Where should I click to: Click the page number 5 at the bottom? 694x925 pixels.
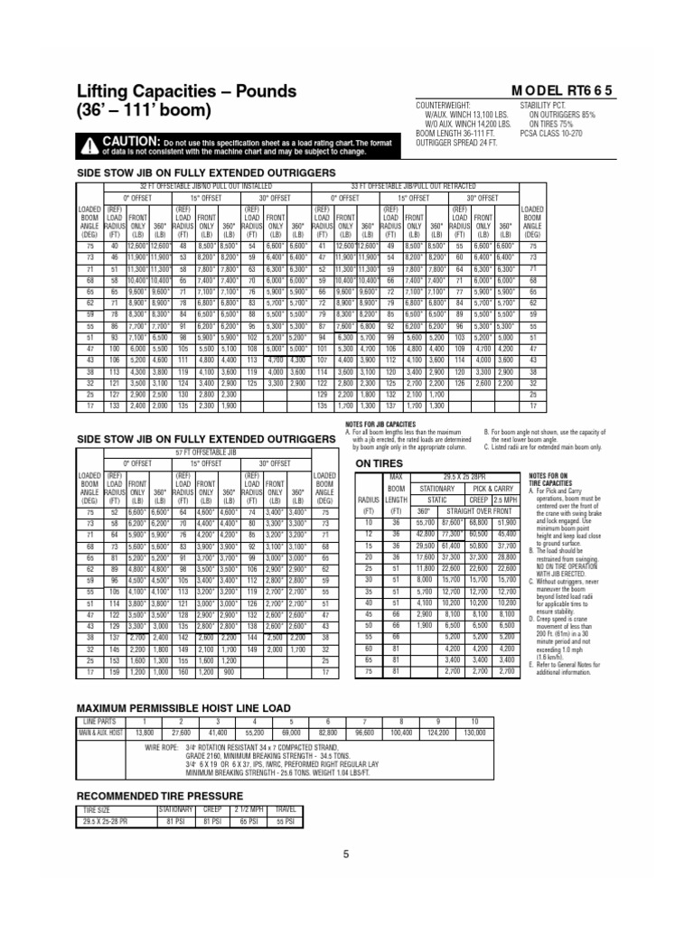pyautogui.click(x=345, y=854)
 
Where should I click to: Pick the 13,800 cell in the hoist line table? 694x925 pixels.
pyautogui.click(x=144, y=733)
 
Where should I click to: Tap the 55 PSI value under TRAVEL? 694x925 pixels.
pyautogui.click(x=285, y=821)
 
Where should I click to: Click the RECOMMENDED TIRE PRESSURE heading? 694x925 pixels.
pyautogui.click(x=160, y=795)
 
